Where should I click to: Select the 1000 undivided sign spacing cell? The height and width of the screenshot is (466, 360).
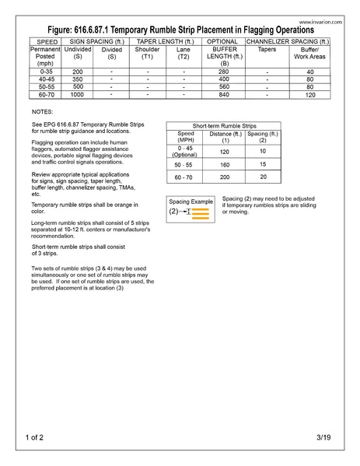[x=77, y=95]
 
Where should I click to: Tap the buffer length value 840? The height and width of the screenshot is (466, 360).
[x=224, y=95]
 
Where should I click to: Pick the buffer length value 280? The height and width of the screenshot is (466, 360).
[x=224, y=72]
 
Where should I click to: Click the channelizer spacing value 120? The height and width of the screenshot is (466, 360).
[x=309, y=95]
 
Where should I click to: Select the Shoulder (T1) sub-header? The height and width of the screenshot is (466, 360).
[x=147, y=52]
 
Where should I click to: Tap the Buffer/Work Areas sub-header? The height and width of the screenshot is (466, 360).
[x=309, y=52]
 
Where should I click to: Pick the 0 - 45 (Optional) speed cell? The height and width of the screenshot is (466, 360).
[x=185, y=150]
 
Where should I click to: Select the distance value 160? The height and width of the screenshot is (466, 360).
[x=225, y=165]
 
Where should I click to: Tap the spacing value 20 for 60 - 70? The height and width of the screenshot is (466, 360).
[x=263, y=177]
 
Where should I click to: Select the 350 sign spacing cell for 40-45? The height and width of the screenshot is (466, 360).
[x=77, y=79]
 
